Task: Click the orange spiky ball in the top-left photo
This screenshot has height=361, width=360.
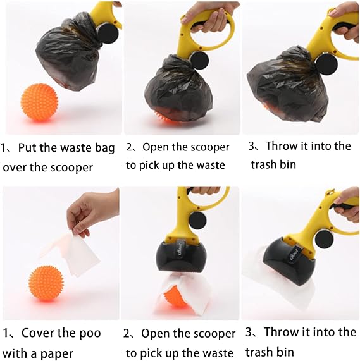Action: click(x=39, y=102)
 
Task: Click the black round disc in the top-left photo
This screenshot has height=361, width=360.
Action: click(x=107, y=33)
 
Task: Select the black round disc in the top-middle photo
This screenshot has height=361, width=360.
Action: click(x=199, y=60)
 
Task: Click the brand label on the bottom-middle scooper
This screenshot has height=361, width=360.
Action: click(x=180, y=250)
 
